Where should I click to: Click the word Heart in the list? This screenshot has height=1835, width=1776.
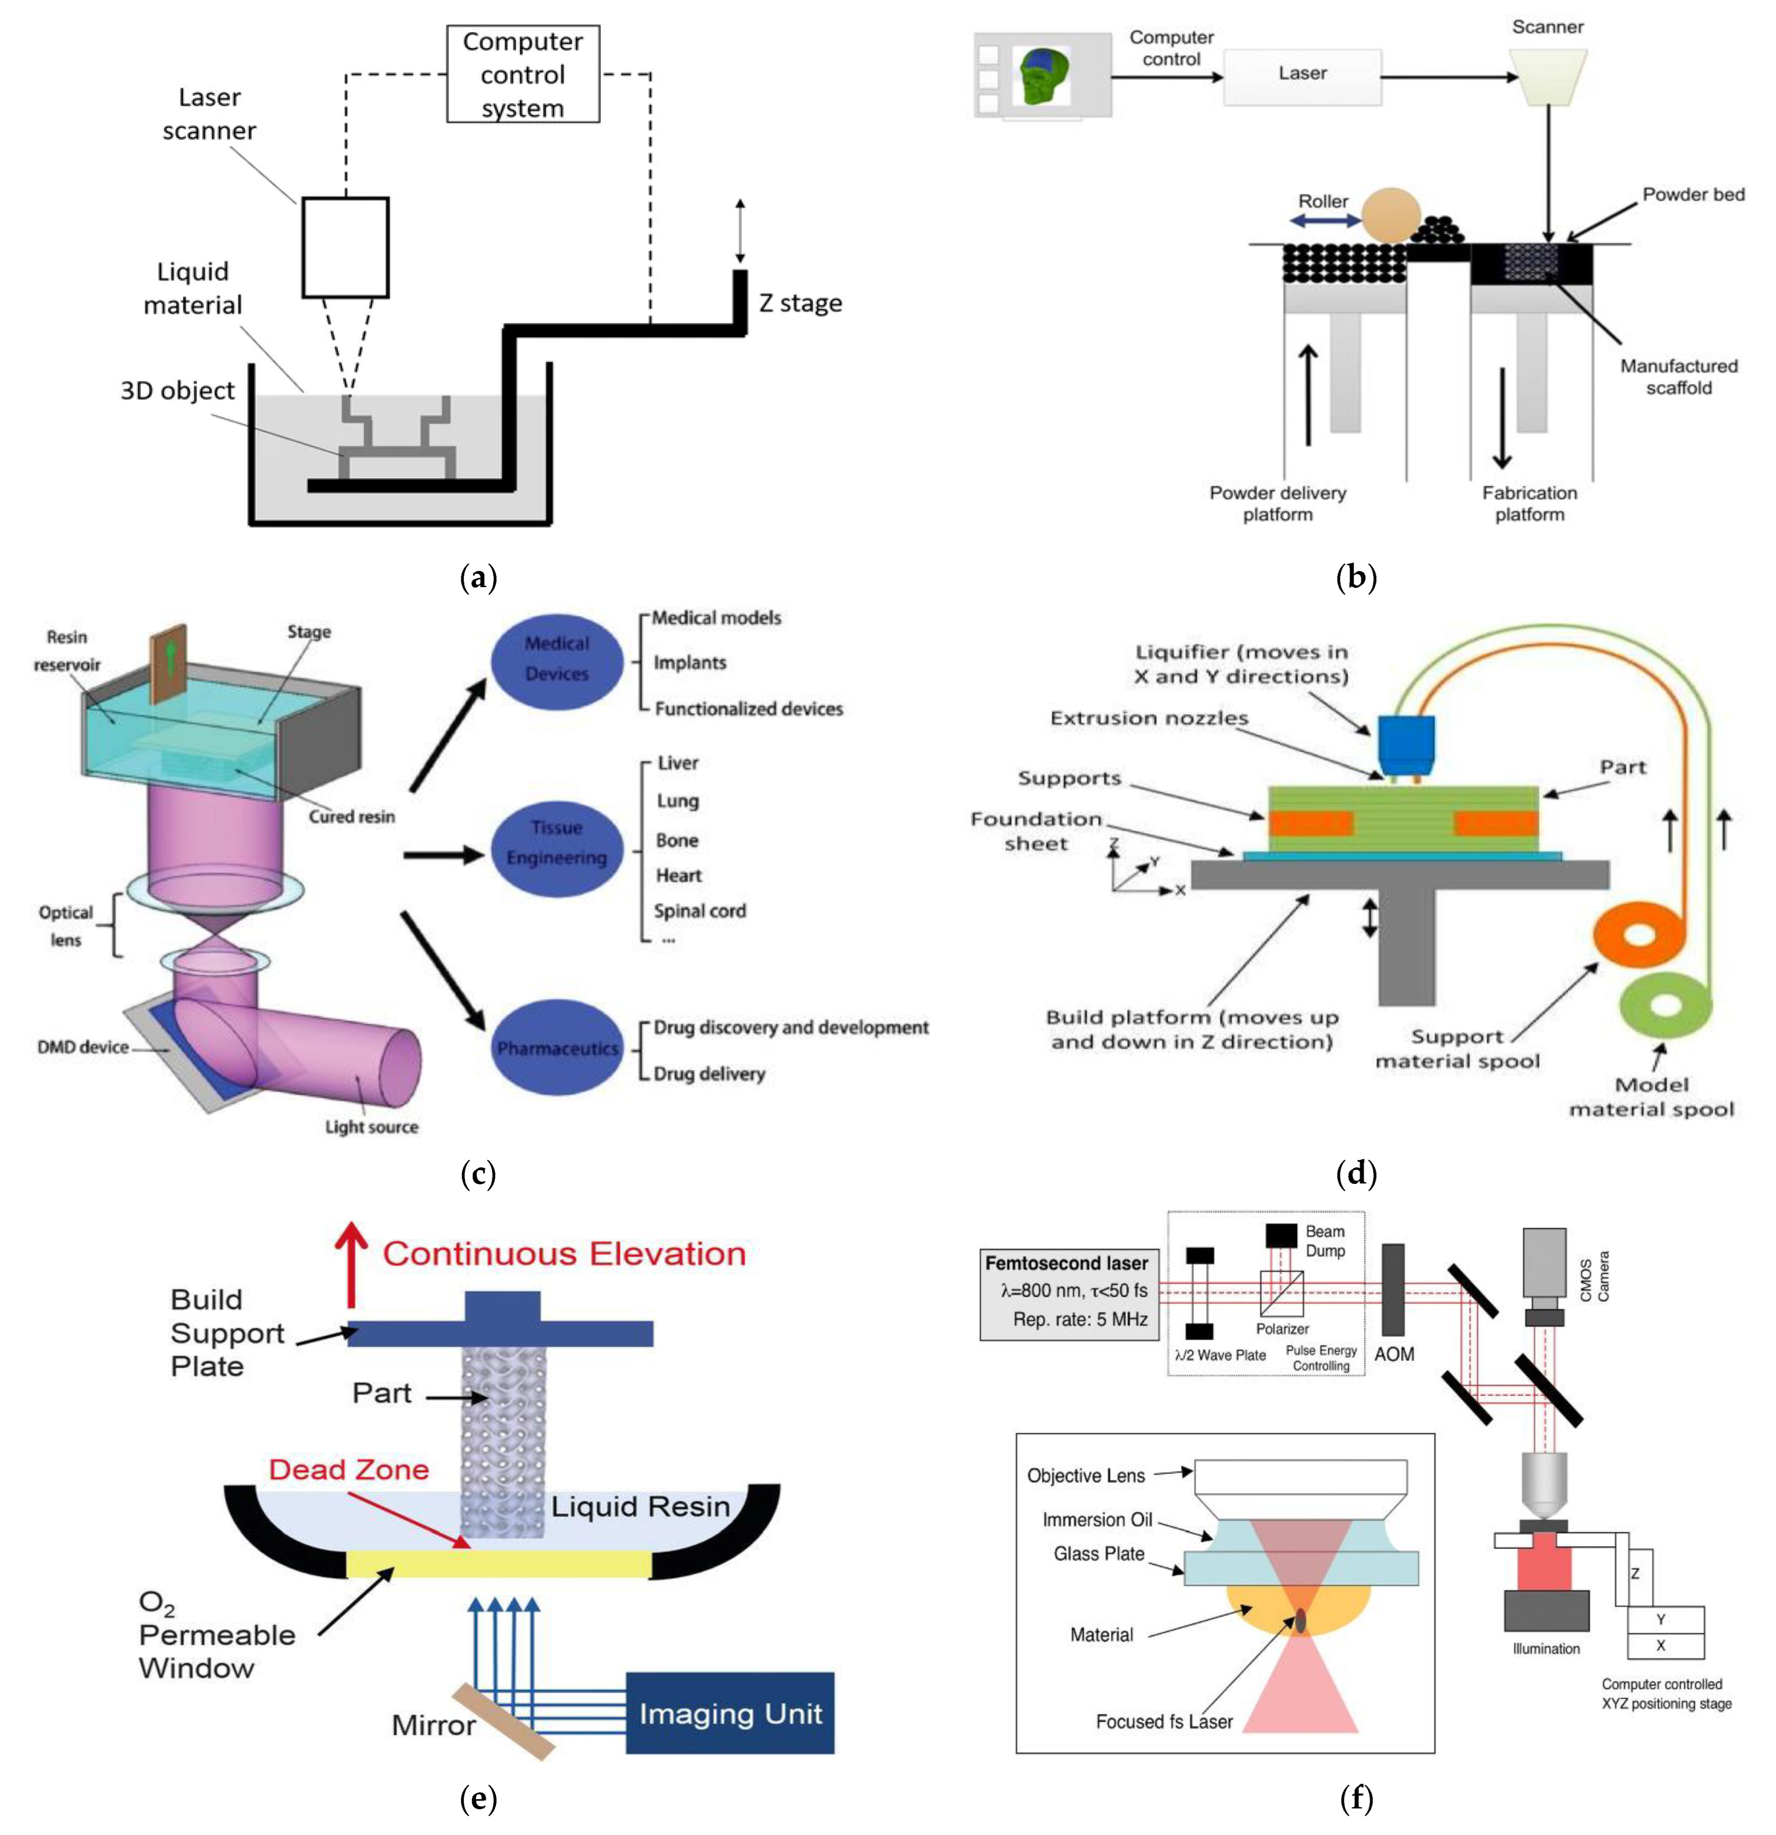click(x=678, y=875)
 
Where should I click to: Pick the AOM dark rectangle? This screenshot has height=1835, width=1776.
click(x=1392, y=1290)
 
